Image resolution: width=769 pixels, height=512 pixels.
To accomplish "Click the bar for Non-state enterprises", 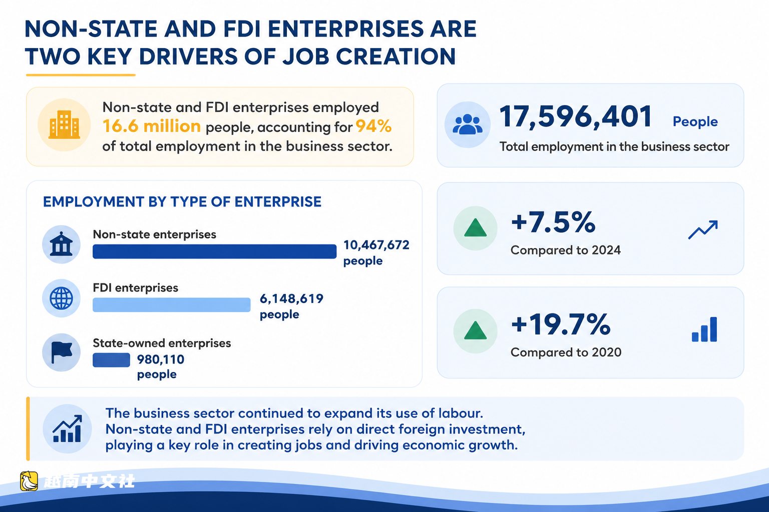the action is point(215,251).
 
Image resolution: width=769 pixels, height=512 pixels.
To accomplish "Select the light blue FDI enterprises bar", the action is point(172,305).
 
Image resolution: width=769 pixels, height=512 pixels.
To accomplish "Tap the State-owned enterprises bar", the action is point(111,360).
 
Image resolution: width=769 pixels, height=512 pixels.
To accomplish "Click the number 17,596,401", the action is point(575,116).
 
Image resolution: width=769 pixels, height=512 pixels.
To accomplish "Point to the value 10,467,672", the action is point(376,245).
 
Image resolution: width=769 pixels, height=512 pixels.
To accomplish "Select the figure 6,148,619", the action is point(291,298).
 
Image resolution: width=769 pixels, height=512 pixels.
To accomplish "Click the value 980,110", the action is point(161,359).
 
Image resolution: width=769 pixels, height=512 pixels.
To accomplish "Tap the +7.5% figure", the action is point(553,222).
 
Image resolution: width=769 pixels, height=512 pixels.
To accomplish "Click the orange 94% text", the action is point(373,126).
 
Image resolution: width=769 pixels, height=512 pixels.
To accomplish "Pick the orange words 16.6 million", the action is point(151,126).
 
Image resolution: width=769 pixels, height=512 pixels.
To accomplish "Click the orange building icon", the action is point(64,124).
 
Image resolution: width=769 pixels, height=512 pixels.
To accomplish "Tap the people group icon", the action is point(467,124).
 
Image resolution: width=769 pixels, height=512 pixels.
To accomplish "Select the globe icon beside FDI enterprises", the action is point(61,298).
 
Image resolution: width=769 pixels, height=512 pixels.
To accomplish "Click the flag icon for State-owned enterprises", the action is point(62,352).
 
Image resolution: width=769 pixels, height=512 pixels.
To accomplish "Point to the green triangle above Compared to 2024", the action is point(475,228).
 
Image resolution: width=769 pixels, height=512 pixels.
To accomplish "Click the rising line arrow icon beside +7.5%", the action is point(703,230).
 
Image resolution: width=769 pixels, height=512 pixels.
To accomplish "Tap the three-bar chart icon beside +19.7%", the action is point(704,329).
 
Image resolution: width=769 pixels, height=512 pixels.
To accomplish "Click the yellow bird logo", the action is point(29,481).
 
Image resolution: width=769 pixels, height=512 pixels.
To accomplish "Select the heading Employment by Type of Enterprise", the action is point(182,201).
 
